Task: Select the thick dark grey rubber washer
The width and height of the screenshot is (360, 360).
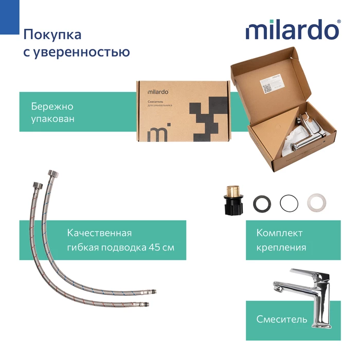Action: point(263,203)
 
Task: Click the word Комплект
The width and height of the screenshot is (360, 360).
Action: point(279,233)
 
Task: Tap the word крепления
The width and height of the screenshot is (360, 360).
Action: point(281,247)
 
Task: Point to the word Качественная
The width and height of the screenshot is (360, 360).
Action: point(99,233)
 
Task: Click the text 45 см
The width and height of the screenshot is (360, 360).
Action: point(163,247)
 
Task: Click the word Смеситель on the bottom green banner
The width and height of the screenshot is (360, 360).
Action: point(282,319)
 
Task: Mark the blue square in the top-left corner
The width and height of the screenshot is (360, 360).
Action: point(7,15)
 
